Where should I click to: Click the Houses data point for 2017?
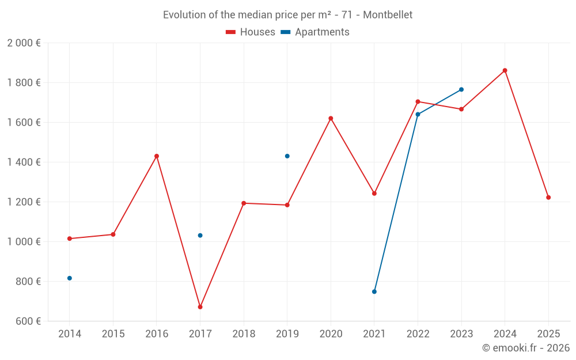[x=200, y=307]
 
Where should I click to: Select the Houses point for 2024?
[x=505, y=70]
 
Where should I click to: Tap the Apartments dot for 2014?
[x=70, y=278]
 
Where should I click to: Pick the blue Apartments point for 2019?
[x=287, y=156]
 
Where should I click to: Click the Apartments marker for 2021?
[x=374, y=291]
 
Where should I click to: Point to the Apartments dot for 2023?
[x=461, y=89]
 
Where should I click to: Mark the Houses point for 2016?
[x=157, y=156]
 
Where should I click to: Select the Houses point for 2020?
[x=331, y=118]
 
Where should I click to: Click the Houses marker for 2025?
[x=548, y=198]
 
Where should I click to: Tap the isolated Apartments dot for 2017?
[x=200, y=235]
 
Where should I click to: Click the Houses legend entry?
[x=251, y=32]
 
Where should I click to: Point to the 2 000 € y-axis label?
[x=24, y=43]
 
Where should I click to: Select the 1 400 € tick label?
[x=24, y=162]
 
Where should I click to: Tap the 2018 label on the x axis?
[x=244, y=334]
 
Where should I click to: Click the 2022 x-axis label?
[x=418, y=334]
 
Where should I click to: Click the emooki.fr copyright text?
[x=525, y=348]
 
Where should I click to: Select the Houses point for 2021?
[x=374, y=194]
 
